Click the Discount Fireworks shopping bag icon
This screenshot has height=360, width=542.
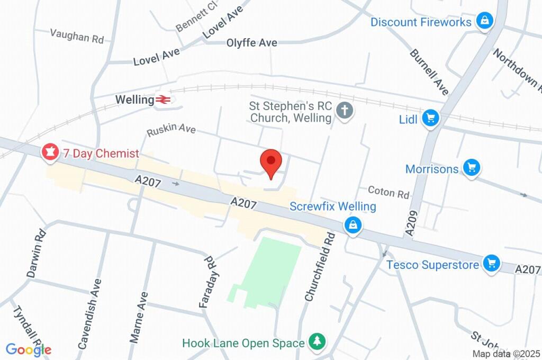pyautogui.click(x=484, y=22)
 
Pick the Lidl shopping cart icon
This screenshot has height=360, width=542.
pyautogui.click(x=431, y=119)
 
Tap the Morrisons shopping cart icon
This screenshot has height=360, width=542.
pyautogui.click(x=470, y=168)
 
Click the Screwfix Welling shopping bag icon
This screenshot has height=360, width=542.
pyautogui.click(x=353, y=225)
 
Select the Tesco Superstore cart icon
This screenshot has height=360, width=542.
pyautogui.click(x=492, y=263)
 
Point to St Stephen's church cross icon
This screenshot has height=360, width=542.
pyautogui.click(x=345, y=112)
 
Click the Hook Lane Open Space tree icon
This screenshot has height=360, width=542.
pyautogui.click(x=317, y=342)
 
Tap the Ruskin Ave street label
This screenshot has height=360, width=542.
pyautogui.click(x=171, y=130)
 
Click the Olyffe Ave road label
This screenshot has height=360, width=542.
pyautogui.click(x=252, y=43)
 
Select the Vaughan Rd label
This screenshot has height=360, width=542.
pyautogui.click(x=77, y=35)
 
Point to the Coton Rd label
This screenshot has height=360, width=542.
pyautogui.click(x=389, y=192)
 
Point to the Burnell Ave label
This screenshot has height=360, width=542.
pyautogui.click(x=429, y=72)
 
